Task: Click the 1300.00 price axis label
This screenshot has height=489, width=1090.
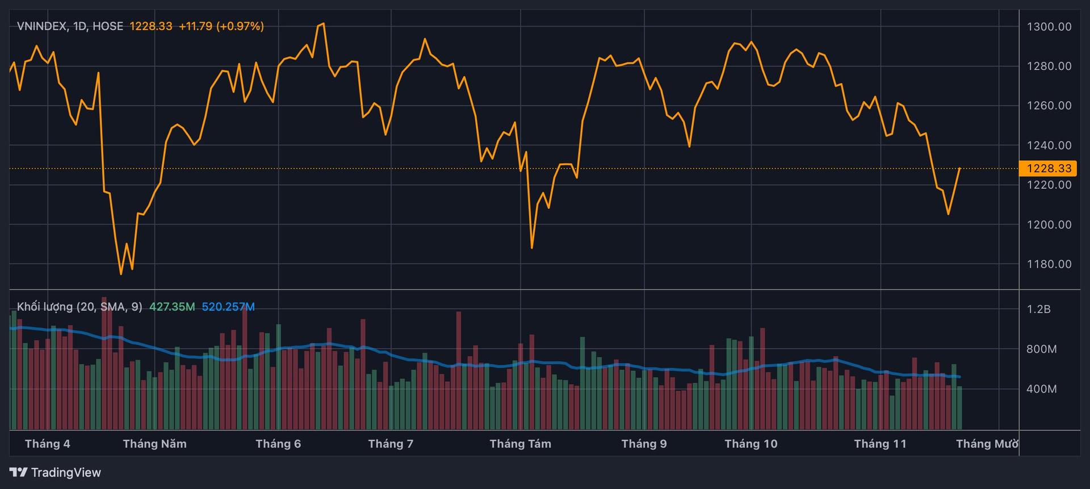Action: (1049, 27)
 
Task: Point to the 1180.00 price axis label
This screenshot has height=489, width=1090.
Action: (1049, 264)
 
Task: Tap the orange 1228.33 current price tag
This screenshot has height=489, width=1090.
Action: (1048, 168)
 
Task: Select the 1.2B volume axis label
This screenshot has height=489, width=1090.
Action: (1038, 309)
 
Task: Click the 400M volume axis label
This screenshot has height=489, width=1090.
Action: (1041, 389)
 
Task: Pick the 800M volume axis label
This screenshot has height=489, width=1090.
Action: (1041, 349)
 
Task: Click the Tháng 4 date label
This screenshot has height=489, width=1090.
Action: (48, 444)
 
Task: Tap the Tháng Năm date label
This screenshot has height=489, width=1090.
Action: (154, 444)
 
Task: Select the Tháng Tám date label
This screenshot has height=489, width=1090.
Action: (520, 444)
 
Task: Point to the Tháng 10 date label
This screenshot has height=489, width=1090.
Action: (751, 444)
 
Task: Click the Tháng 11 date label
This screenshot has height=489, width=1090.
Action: (880, 444)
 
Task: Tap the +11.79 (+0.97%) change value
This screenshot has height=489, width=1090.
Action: (221, 26)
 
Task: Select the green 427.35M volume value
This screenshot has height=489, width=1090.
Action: (171, 307)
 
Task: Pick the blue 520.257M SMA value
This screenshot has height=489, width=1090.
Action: (228, 307)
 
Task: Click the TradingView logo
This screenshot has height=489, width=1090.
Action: (56, 473)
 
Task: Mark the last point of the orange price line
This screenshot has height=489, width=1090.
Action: (959, 168)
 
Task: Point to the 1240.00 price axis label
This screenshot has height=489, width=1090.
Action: (1049, 145)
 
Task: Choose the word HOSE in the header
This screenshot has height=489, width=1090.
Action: (107, 26)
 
